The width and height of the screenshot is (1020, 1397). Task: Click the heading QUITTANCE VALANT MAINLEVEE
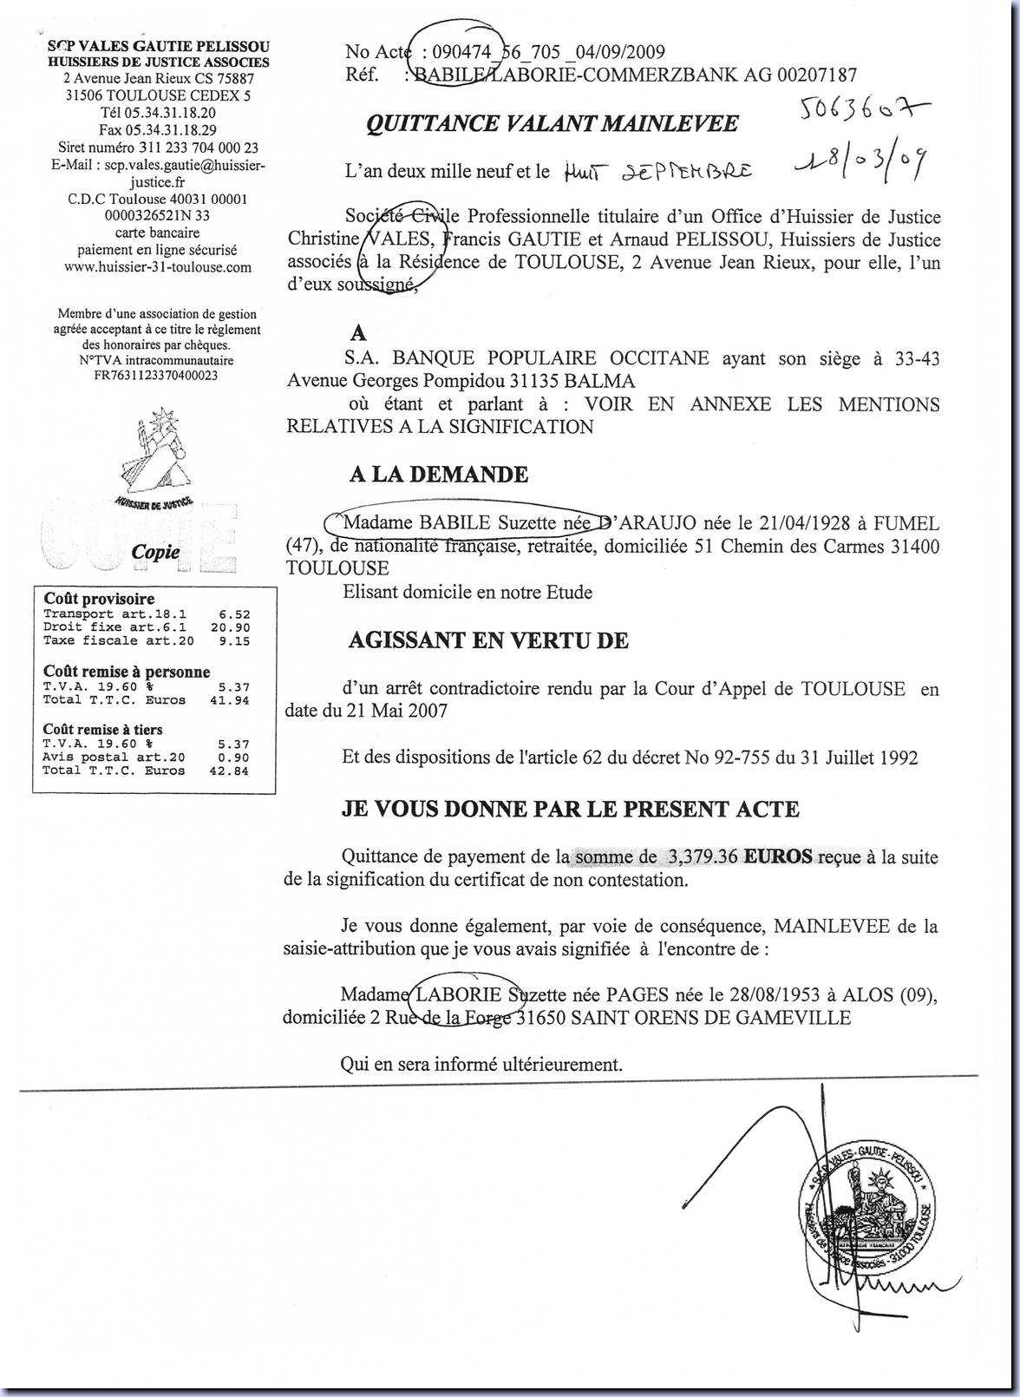click(552, 124)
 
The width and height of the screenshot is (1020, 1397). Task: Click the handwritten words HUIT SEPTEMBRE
click(657, 172)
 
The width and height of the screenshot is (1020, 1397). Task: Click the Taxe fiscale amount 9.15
click(235, 641)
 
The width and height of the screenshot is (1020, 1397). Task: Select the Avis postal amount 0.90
click(235, 758)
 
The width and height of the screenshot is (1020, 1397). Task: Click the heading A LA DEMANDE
click(438, 475)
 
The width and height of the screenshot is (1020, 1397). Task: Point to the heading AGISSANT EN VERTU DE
click(488, 641)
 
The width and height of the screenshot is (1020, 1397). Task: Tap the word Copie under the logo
click(155, 552)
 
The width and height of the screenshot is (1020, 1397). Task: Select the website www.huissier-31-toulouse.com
click(158, 267)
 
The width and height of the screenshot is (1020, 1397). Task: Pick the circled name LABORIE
click(460, 994)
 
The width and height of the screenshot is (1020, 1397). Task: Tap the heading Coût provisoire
click(99, 599)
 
